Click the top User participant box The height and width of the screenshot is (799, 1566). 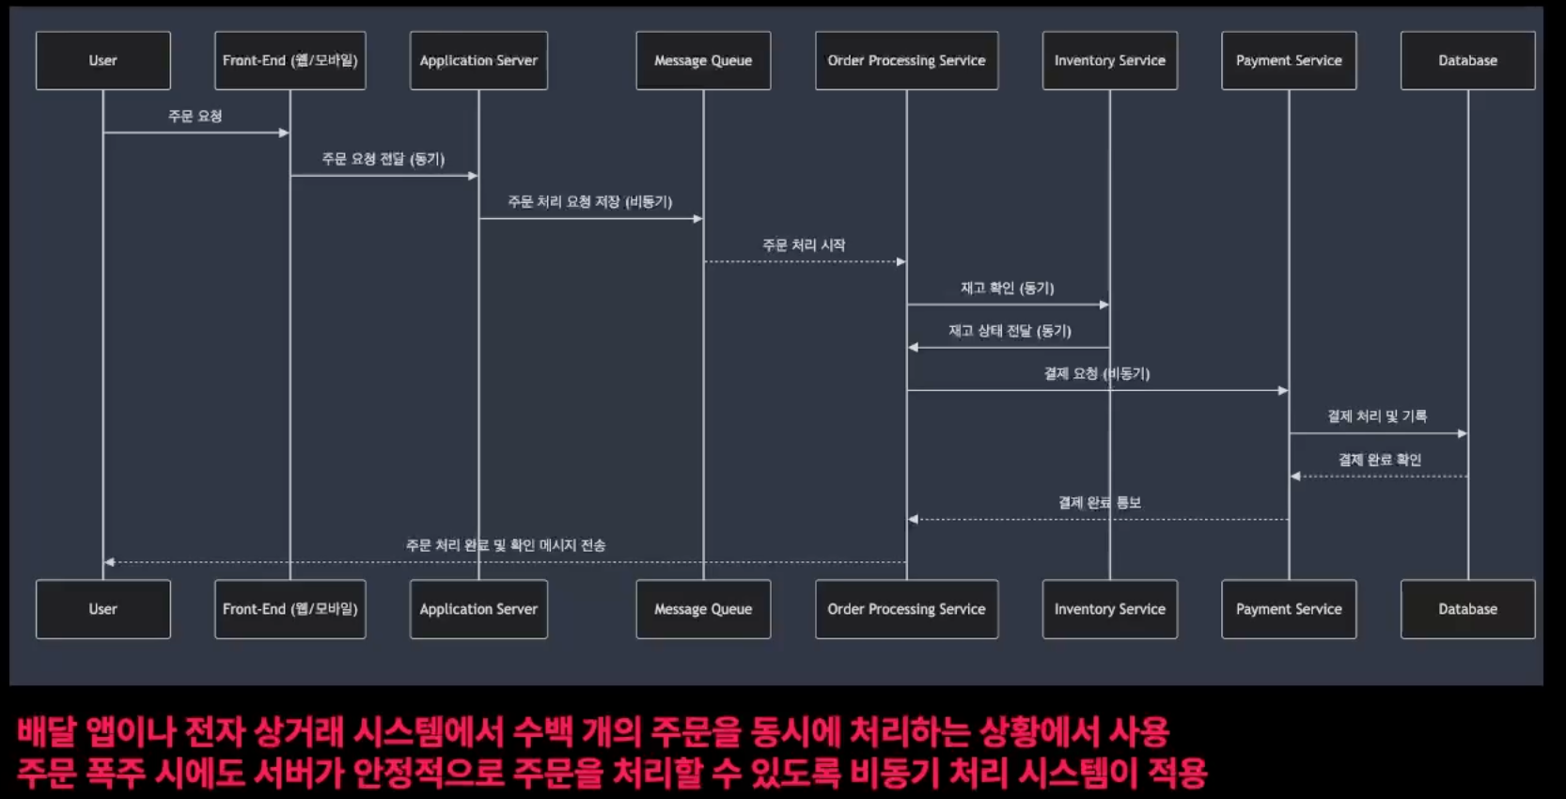[103, 61]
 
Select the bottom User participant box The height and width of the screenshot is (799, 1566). [103, 609]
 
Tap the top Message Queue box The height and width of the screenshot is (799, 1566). [703, 61]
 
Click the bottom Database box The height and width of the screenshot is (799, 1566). [1467, 609]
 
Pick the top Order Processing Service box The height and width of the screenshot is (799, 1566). [906, 61]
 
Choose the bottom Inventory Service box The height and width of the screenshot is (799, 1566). [1109, 609]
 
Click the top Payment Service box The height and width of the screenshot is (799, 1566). [1289, 61]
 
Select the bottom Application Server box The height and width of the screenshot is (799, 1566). [478, 609]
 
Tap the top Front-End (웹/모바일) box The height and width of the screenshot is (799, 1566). [290, 61]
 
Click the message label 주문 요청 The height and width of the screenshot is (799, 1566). [196, 117]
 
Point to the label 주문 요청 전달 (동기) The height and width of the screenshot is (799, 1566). [384, 159]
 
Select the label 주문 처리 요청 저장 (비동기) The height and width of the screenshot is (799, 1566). [590, 202]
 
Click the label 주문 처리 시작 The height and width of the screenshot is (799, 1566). [804, 245]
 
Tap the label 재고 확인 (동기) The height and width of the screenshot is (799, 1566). [1007, 288]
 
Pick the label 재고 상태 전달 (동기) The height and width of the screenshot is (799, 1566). [1010, 331]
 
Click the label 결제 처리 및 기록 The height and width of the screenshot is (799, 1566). [1377, 416]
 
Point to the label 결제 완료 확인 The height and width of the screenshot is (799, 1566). [1379, 460]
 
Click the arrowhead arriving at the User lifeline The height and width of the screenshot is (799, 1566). [109, 562]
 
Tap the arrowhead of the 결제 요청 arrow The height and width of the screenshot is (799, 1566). [1283, 390]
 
